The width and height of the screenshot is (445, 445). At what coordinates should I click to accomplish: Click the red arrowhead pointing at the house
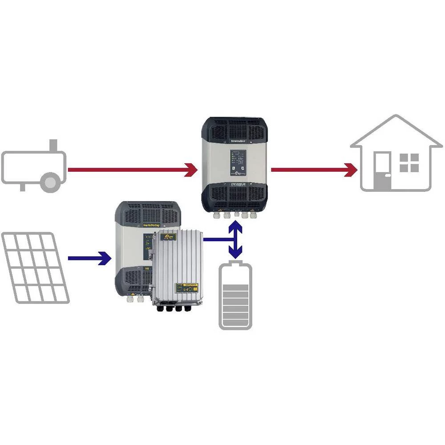(352, 170)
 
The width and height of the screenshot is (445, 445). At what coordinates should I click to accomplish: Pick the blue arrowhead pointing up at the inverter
(235, 227)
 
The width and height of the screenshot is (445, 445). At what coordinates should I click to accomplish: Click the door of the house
(383, 171)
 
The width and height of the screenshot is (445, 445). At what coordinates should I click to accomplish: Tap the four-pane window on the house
(409, 163)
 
